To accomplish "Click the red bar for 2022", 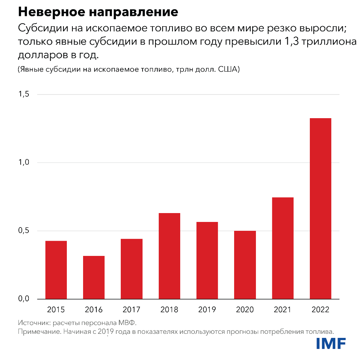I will tap(320, 208).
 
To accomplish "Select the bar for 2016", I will tap(94, 277).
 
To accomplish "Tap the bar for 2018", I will tap(169, 256).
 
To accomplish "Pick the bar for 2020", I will tap(245, 265).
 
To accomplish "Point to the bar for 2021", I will tap(282, 248).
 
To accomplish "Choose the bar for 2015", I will tap(56, 270).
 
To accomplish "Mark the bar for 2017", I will tap(131, 269).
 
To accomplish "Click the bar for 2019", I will tap(207, 260).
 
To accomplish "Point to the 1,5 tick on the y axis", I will tap(23, 95).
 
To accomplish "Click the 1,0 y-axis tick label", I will tap(23, 163).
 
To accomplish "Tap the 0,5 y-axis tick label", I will tap(23, 231).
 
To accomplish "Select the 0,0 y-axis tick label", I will tap(23, 299).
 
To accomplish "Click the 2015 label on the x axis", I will tap(56, 309).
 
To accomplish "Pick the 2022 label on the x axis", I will tap(320, 309).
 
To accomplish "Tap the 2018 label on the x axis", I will tap(169, 309).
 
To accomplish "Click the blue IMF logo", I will tap(331, 344).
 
